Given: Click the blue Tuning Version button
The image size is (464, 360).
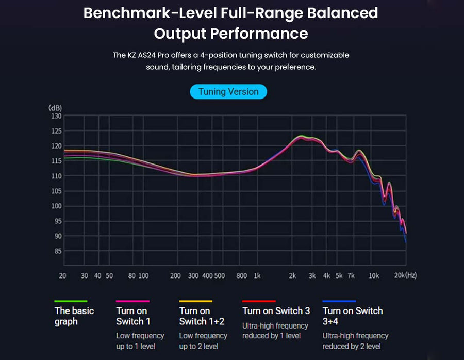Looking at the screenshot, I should (x=228, y=92).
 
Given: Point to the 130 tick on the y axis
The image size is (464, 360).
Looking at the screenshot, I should (x=55, y=116).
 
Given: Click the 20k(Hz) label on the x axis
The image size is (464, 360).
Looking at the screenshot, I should (x=405, y=276).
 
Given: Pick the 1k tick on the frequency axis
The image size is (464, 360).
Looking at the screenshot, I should (x=257, y=276).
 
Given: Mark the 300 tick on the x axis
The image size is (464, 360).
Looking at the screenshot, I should (x=193, y=276).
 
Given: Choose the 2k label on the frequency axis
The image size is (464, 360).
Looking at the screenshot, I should (x=292, y=276).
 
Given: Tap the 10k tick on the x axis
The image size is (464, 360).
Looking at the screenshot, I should (x=374, y=276).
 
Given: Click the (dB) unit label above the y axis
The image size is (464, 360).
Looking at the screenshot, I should (x=55, y=108).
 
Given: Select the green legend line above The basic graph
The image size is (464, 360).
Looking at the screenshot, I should (x=71, y=301).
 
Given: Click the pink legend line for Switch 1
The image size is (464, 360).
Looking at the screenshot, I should (x=132, y=301).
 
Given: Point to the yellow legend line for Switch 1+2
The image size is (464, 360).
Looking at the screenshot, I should (x=195, y=301).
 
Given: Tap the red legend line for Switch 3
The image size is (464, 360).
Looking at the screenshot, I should (x=259, y=301).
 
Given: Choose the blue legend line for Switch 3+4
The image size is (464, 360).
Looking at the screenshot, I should (x=339, y=301).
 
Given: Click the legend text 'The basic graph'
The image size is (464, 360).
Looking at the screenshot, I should (x=74, y=316).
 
